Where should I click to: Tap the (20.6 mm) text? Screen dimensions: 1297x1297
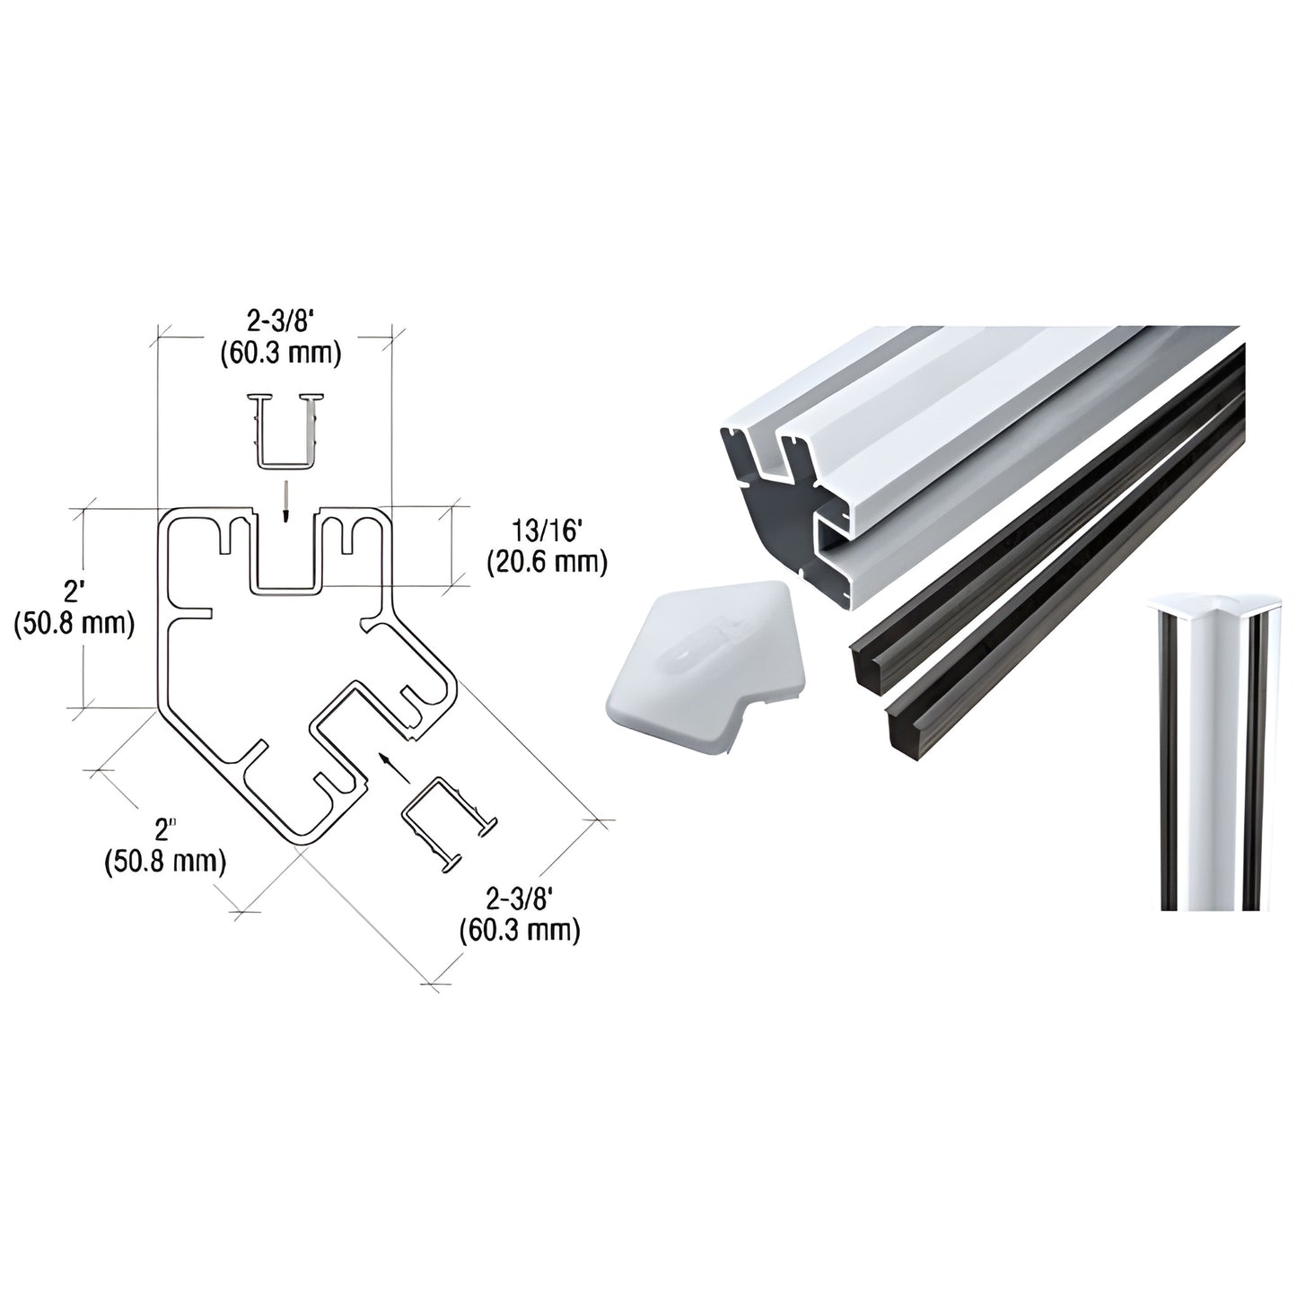click(x=548, y=564)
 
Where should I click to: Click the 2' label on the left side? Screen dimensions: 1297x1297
click(x=73, y=592)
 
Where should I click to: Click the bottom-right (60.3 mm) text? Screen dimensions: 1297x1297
click(x=519, y=930)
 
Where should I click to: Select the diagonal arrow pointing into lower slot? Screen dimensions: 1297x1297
click(x=389, y=765)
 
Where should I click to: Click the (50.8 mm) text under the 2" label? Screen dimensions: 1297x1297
click(x=164, y=863)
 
